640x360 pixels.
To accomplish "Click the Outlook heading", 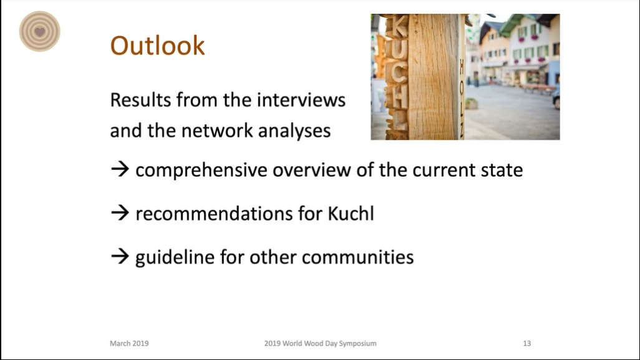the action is (157, 46).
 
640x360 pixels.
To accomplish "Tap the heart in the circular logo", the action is (39, 31).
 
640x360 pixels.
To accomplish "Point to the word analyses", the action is (294, 131).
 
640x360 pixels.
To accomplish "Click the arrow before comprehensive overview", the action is (120, 169).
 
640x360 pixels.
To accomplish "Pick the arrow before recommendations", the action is (120, 213).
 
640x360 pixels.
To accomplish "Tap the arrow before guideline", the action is (120, 256).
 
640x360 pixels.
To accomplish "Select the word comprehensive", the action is (201, 170).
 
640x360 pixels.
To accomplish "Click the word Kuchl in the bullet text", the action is (351, 213).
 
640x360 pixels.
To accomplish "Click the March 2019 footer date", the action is (129, 343).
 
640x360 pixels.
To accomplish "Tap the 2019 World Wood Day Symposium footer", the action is (321, 344).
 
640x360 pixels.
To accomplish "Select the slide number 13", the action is (527, 343).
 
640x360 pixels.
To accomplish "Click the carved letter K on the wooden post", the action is (399, 26).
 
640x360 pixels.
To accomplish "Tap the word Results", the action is (140, 100).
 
